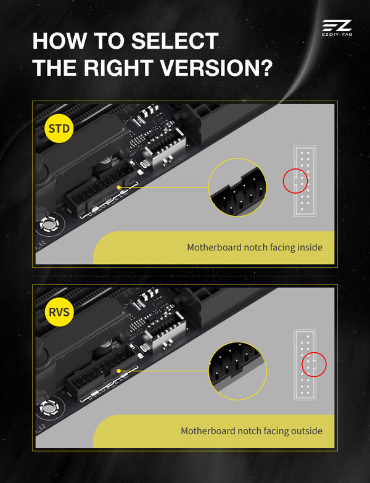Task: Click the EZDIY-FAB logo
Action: coord(337,28)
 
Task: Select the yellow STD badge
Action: coord(59,128)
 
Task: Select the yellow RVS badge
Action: coord(59,312)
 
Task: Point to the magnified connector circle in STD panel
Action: coord(237,188)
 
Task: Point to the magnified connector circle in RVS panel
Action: coord(237,371)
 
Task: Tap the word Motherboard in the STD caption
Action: coord(214,247)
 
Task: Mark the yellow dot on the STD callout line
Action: coord(119,188)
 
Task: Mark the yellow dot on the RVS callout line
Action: coord(119,371)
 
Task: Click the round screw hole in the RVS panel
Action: coord(49,408)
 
